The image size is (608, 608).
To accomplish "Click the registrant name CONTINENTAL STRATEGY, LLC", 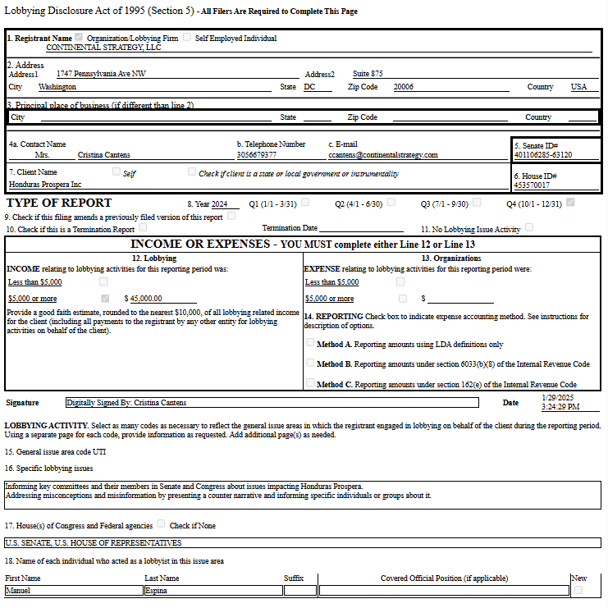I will coord(103,48).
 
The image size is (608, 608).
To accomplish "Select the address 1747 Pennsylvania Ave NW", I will coord(101,74).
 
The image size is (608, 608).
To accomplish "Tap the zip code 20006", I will coord(404,87).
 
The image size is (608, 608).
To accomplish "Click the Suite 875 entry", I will coord(368,74).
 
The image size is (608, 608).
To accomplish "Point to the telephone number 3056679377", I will coord(256,154).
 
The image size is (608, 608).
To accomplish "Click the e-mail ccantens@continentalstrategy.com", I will coord(382,154).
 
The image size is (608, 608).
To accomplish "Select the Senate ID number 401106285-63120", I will coord(543,154).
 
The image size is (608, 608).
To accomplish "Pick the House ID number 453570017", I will coord(532,185).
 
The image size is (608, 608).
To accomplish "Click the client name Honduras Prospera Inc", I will coord(45,185).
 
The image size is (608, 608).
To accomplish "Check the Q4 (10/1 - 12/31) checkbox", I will coord(570,202).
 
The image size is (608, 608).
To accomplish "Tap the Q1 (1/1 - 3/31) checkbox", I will coord(305,202).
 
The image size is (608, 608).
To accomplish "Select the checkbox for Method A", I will coord(310,343).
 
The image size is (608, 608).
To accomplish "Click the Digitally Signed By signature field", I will coord(272,403).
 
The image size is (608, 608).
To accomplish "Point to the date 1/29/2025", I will coord(558,397).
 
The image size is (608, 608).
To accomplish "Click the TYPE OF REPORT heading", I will coord(59,203).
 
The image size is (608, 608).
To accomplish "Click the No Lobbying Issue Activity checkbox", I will coord(529,228).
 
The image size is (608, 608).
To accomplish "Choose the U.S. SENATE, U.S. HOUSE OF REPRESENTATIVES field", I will coord(302,543).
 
